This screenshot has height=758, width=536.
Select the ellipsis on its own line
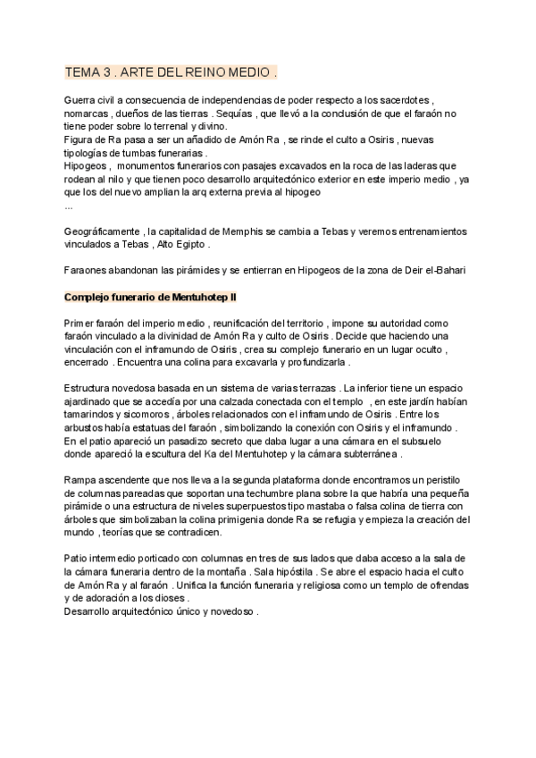69,205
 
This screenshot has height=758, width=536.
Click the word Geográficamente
104,232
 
